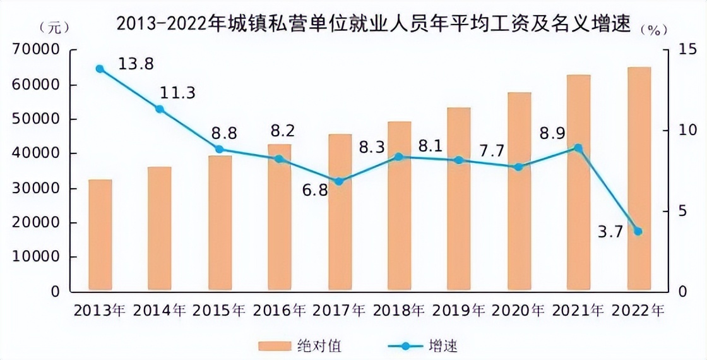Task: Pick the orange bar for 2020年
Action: (520, 192)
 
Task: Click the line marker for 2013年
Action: (100, 68)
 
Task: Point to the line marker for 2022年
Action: (638, 231)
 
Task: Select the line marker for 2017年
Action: (339, 181)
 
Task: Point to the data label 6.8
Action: (314, 189)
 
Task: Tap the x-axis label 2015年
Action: (220, 311)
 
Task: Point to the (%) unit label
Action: (653, 29)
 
